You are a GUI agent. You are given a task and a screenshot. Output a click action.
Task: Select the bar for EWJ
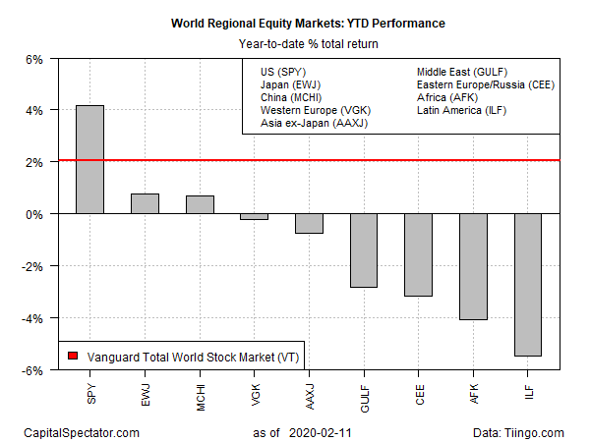pos(145,203)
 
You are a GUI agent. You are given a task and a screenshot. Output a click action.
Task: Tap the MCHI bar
pos(200,204)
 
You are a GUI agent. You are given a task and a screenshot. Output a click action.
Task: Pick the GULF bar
pos(364,250)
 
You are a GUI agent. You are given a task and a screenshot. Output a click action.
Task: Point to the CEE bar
pos(419,254)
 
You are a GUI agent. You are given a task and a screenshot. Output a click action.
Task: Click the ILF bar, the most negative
pos(528,285)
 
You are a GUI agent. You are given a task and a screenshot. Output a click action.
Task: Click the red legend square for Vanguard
pos(72,355)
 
